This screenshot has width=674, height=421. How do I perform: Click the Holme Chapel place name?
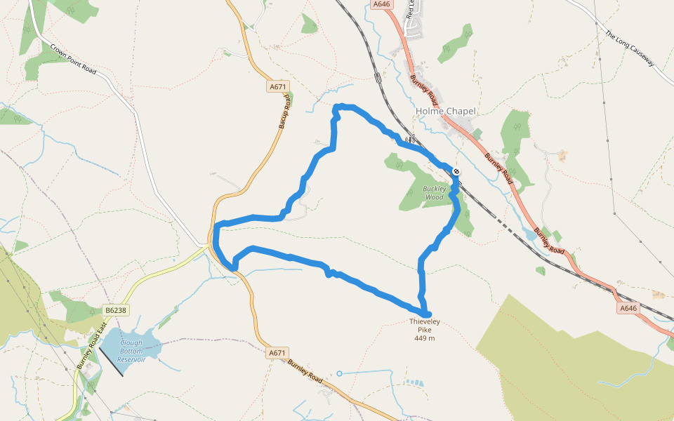(x=446, y=111)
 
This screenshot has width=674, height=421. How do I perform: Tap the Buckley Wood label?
(x=434, y=193)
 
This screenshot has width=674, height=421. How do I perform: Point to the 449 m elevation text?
(x=425, y=338)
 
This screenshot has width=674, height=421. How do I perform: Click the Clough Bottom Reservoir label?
(x=131, y=351)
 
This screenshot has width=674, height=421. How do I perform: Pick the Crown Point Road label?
(x=73, y=60)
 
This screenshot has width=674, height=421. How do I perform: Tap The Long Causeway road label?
(x=630, y=48)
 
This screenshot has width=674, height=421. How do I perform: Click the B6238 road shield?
(x=115, y=309)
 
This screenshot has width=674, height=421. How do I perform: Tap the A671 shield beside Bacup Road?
(x=278, y=86)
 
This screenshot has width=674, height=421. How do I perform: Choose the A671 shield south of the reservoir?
(x=278, y=353)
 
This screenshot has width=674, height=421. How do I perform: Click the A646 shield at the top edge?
(x=382, y=4)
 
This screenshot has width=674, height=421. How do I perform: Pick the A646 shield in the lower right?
(x=628, y=308)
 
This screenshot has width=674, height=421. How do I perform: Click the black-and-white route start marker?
(x=456, y=171)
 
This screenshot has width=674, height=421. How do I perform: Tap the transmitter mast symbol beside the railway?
(x=410, y=139)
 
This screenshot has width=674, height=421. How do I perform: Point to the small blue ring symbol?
(x=339, y=373)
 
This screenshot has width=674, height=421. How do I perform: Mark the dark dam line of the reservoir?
(x=111, y=362)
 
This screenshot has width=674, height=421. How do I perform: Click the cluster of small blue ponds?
(x=415, y=383)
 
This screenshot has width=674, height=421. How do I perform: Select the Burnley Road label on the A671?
(x=305, y=371)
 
